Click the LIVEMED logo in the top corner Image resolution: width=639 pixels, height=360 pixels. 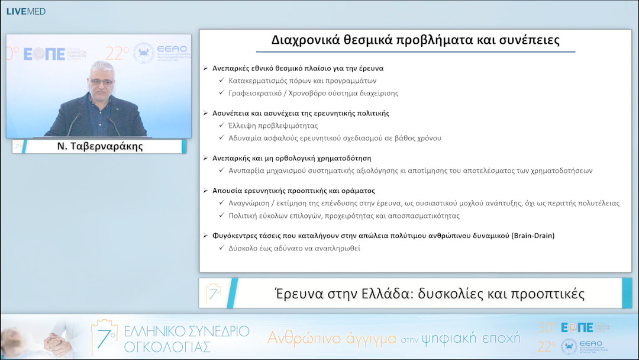coord(25,11)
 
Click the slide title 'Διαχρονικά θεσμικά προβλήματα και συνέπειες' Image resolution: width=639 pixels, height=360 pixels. coord(415,40)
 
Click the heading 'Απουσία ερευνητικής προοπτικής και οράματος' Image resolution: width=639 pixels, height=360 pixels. coord(293,191)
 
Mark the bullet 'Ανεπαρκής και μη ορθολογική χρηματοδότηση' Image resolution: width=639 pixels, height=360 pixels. coord(292,158)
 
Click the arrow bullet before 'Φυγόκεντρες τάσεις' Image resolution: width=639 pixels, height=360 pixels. coord(205,236)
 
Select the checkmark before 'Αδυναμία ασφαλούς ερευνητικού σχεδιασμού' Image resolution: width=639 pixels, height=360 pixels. coord(221,138)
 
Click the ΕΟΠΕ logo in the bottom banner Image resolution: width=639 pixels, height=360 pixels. coord(576,327)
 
